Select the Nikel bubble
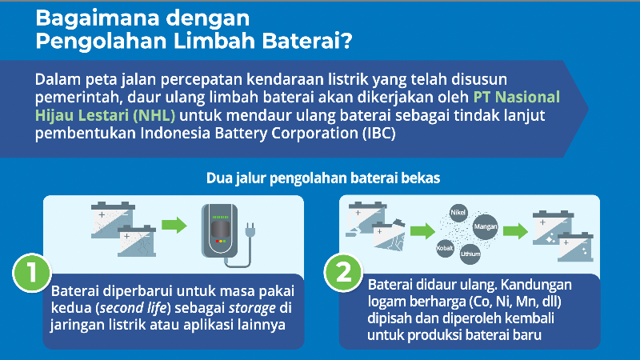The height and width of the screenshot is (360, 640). coord(458,214)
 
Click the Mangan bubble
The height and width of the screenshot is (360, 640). coord(486,227)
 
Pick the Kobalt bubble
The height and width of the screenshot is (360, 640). coord(445,248)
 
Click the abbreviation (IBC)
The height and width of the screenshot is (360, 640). coord(375,132)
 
